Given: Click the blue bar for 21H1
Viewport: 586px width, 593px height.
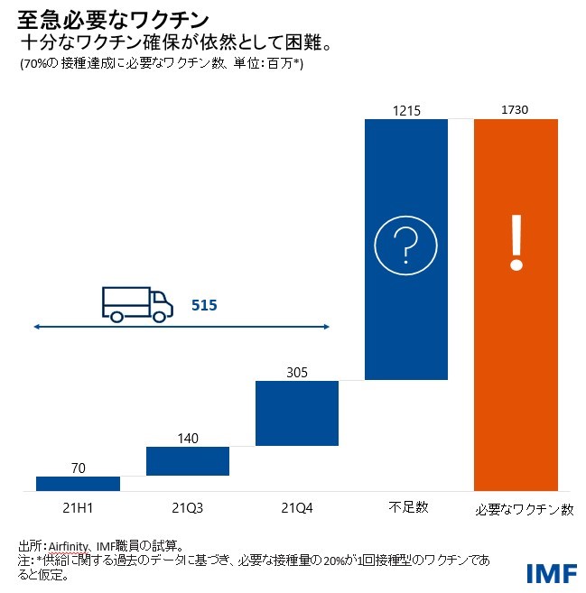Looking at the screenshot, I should tap(78, 483).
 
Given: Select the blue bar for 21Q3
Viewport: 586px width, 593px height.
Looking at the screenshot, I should tap(187, 460).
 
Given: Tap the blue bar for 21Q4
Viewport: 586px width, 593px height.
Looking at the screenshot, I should tap(297, 412).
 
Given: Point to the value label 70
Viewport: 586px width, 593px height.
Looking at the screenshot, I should tap(79, 468).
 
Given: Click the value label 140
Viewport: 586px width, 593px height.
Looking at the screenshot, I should tap(188, 439).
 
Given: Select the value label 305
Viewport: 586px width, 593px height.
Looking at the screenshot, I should tap(297, 372).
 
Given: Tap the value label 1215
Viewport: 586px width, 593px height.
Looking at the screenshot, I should tap(406, 110).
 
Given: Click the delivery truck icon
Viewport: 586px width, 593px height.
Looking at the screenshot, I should tap(137, 303).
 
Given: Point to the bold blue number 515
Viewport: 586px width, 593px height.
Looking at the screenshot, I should tap(204, 306).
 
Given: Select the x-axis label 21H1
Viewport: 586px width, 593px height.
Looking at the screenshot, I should tap(78, 508).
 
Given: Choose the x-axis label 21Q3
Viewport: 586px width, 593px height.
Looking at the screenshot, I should tap(187, 508).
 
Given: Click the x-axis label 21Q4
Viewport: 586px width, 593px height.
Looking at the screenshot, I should tap(297, 508).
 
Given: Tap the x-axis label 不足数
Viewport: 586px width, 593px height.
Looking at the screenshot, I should tap(405, 508).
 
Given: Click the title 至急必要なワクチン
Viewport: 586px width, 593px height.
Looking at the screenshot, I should tap(115, 19).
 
